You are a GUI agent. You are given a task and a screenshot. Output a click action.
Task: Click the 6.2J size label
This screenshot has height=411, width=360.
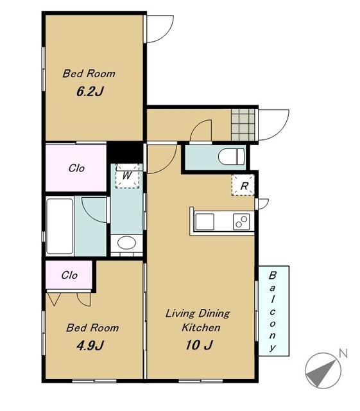[90, 91]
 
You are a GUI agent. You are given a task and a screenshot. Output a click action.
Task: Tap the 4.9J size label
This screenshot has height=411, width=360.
[90, 345]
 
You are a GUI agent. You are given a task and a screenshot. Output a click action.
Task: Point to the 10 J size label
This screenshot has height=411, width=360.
[199, 345]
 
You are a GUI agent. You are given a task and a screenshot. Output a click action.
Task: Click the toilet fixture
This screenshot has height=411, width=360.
[232, 157]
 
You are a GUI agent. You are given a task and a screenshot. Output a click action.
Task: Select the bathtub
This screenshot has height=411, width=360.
[60, 226]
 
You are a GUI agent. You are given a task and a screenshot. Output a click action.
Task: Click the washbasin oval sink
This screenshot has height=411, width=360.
[126, 243]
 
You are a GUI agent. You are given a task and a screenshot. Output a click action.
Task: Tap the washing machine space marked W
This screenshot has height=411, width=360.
[127, 175]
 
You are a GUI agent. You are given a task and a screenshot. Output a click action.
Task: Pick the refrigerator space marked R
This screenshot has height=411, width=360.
[243, 186]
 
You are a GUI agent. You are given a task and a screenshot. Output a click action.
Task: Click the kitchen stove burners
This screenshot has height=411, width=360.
[241, 222]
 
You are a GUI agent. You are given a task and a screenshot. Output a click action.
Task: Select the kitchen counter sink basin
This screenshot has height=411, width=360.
[205, 222]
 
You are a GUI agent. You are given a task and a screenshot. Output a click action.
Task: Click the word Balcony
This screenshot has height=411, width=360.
[273, 311]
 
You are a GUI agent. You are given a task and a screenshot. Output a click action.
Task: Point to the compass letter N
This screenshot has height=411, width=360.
[343, 353]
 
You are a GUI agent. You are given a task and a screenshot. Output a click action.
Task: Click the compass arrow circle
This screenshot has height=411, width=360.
[323, 371]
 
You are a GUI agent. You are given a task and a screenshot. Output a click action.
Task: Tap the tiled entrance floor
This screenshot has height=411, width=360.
[243, 125]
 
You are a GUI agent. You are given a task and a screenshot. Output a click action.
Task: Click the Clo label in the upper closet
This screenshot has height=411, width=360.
[76, 168]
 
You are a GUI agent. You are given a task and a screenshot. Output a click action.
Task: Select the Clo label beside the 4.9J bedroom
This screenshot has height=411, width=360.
[69, 275]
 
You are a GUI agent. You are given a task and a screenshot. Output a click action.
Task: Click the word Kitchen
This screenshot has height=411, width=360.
[201, 328]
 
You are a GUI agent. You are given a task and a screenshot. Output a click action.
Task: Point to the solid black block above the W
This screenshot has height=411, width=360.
[125, 153]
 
